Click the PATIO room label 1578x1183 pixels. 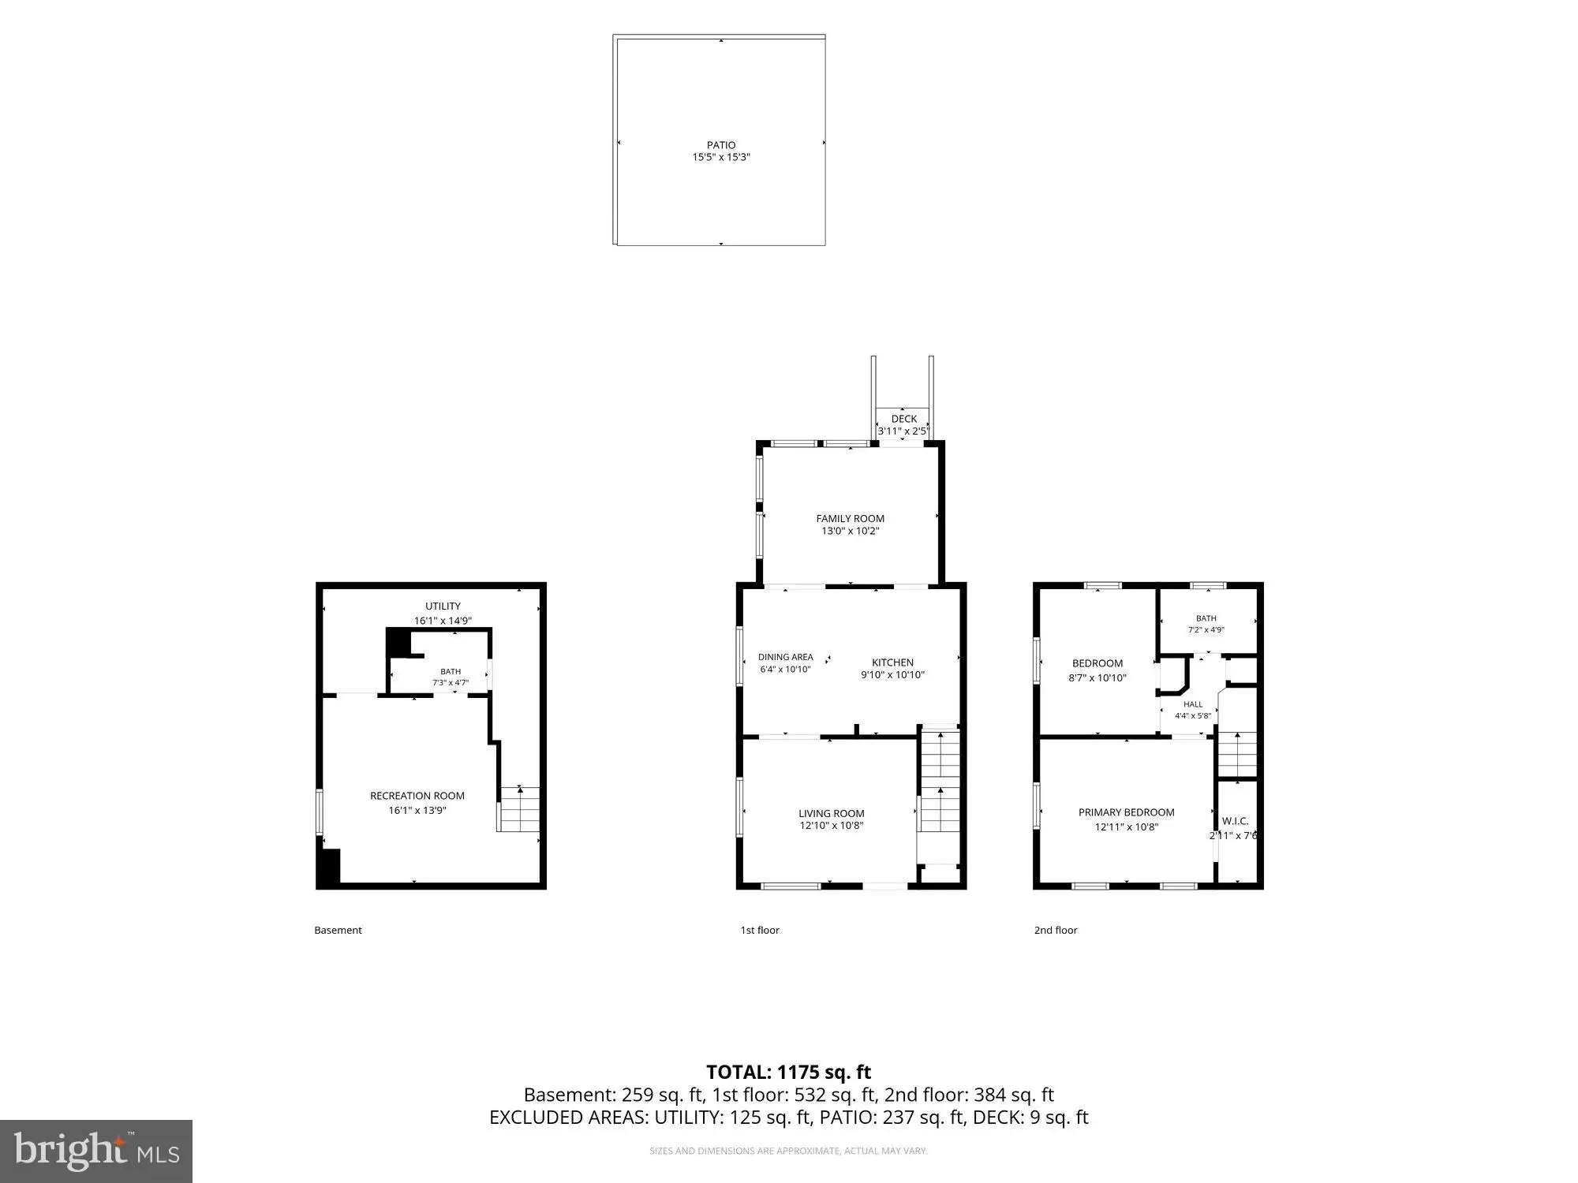coord(721,145)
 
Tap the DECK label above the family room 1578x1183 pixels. coord(904,419)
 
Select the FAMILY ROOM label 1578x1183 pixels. coord(850,518)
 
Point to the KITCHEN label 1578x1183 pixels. coord(892,662)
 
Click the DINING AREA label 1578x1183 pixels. coord(785,657)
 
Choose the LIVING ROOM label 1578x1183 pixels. coord(831,813)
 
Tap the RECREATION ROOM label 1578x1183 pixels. coord(417,796)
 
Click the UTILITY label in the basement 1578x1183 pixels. coord(443,606)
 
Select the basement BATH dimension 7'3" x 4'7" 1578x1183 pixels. coord(451,683)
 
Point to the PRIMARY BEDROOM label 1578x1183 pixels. coord(1126,812)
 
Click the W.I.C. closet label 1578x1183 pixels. coord(1235,821)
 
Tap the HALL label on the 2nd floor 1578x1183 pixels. coord(1193,704)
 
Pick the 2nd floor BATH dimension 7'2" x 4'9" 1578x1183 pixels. coord(1206,630)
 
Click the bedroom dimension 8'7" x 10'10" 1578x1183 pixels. coord(1097,677)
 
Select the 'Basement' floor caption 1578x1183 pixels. coord(338,930)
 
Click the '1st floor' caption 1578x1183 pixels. coord(760,930)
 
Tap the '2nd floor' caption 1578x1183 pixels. coord(1056,930)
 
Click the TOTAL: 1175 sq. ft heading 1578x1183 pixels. coord(788,1072)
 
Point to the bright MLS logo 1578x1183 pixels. coord(96,1151)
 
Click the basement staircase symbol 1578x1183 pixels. coord(518,809)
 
